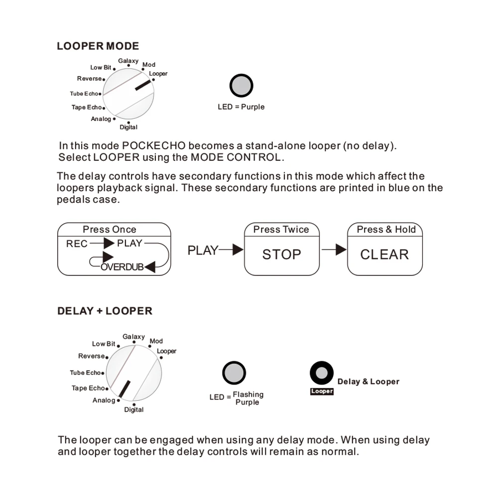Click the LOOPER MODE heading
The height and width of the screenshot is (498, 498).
coord(98,46)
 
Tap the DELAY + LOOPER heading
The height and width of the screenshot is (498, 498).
coord(105,311)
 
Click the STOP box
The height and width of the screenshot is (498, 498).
coord(281,254)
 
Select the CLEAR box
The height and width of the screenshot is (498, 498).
coord(384,254)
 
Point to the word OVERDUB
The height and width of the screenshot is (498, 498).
coord(122,267)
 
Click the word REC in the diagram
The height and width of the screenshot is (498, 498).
coord(77,244)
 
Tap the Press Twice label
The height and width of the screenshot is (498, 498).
coord(281,230)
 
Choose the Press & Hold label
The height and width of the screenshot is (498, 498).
coord(386,230)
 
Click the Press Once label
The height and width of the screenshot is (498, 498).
coord(110,230)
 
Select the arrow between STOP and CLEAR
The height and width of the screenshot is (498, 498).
coord(334,249)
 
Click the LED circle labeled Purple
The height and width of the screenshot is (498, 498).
coord(242,86)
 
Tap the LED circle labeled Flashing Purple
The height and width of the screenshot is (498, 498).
coord(234,373)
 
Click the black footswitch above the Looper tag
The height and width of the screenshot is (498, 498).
coord(322,373)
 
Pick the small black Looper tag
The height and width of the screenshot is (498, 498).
coord(322,391)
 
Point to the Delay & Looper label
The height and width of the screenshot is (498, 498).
coord(369,381)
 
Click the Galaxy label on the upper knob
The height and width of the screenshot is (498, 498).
coord(128,61)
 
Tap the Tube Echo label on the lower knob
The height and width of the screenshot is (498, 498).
coord(85,373)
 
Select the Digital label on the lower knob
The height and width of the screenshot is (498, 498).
coord(133,410)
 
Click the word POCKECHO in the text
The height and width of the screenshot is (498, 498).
coord(154,146)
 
